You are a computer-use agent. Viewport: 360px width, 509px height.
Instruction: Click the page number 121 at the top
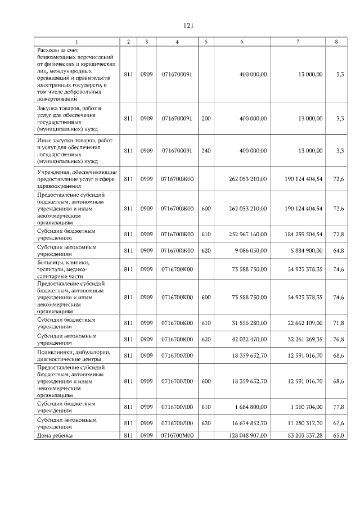[x=189, y=26]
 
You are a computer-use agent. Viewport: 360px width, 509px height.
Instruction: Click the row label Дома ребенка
[x=55, y=435]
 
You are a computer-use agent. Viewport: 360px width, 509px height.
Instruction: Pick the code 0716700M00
[x=177, y=435]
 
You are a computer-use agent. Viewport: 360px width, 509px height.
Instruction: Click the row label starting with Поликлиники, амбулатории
[x=74, y=355]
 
